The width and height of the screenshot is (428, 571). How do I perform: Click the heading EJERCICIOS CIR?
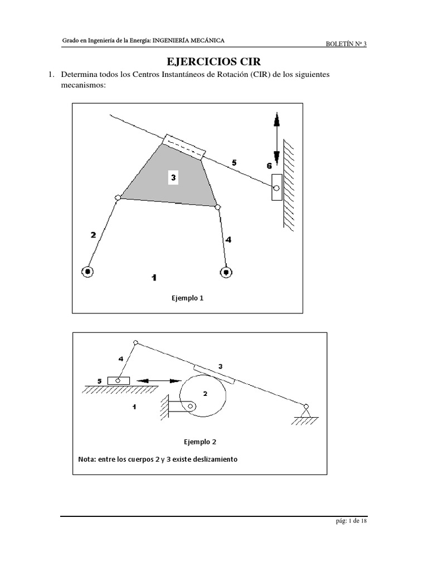(214, 61)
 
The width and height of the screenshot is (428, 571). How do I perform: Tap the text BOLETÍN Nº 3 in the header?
(346, 45)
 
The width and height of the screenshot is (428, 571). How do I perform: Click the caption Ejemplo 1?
(187, 298)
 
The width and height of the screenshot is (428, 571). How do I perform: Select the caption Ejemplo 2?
(200, 442)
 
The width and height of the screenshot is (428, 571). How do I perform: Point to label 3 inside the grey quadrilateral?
(174, 178)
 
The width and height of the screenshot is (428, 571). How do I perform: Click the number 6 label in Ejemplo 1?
(269, 166)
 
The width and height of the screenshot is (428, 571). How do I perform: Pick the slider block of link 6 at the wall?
(276, 187)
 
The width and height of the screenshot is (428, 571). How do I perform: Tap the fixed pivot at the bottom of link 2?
(87, 272)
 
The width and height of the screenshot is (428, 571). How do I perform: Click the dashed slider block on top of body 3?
(184, 146)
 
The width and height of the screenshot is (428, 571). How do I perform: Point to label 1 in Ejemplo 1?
(154, 277)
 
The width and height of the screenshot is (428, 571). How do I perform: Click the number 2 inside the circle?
(205, 393)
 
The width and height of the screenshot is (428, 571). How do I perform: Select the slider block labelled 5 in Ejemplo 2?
(118, 380)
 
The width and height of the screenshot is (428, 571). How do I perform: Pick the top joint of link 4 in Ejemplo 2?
(135, 343)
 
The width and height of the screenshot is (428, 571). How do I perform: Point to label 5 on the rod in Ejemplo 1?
(234, 162)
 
